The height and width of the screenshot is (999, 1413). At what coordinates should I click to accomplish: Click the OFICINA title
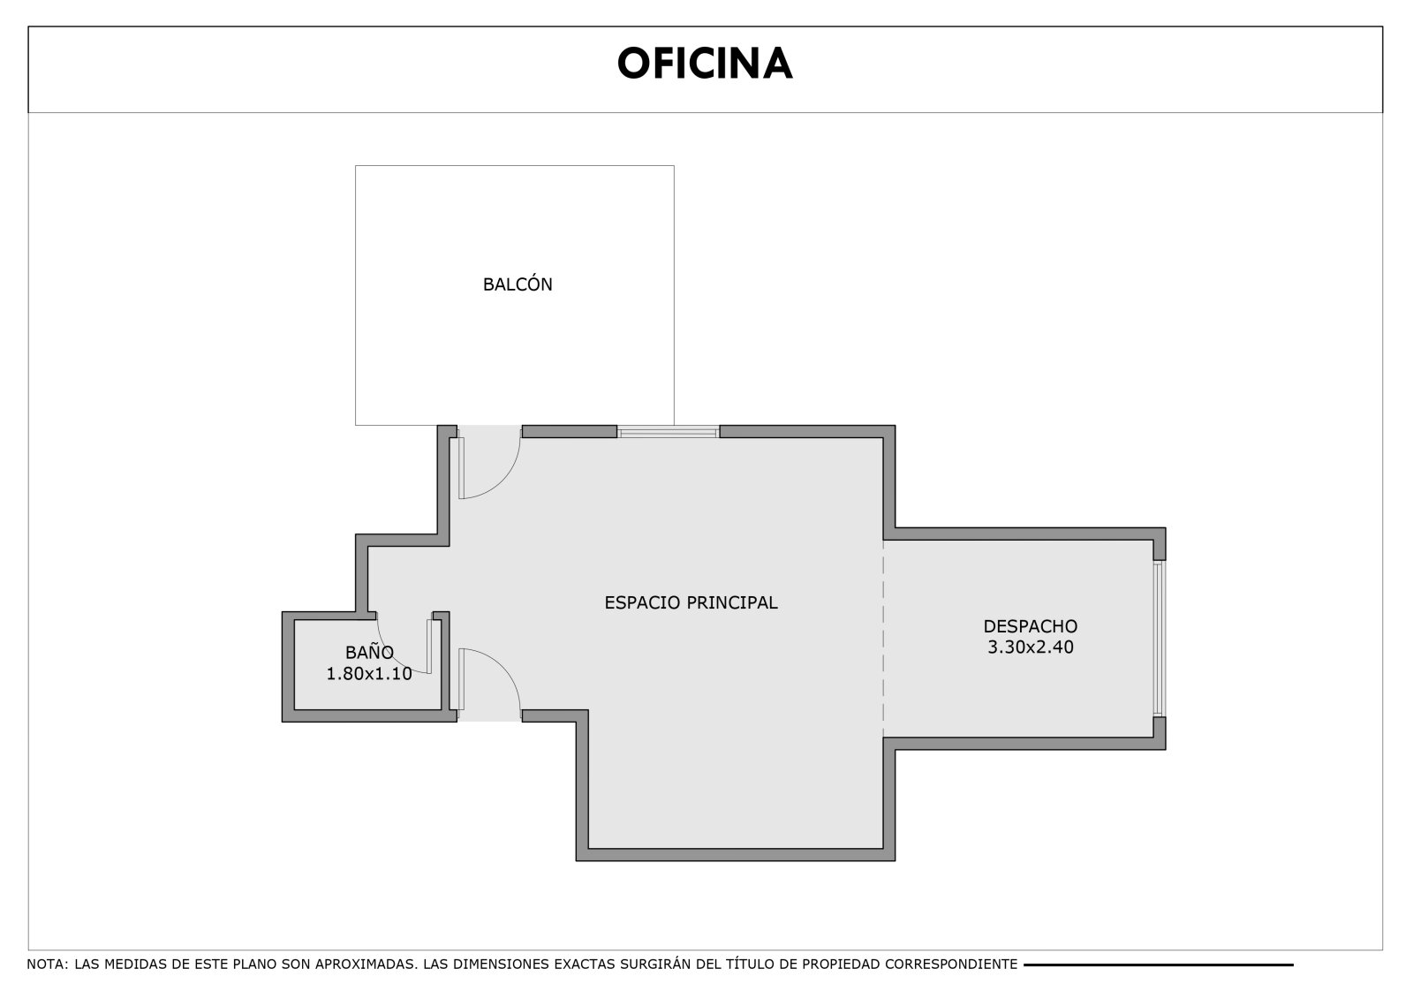click(x=705, y=64)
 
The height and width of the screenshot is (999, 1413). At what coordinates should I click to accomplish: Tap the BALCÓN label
click(x=518, y=284)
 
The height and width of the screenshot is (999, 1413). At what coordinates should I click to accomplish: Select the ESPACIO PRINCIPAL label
click(x=691, y=602)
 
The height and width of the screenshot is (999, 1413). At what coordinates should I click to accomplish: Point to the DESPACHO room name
click(x=1030, y=626)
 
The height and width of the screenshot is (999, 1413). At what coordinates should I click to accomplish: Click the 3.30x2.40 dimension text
click(x=1030, y=647)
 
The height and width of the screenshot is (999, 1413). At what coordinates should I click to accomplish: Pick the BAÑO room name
click(x=369, y=651)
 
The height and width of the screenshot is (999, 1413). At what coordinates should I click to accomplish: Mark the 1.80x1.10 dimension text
click(x=369, y=673)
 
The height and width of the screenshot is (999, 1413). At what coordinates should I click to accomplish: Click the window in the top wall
click(x=668, y=432)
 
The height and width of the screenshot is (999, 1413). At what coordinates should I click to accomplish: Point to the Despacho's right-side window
click(x=1159, y=639)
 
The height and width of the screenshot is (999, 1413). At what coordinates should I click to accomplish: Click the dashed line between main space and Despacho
click(x=883, y=638)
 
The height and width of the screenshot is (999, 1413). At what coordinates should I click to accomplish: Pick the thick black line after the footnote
click(x=1158, y=965)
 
